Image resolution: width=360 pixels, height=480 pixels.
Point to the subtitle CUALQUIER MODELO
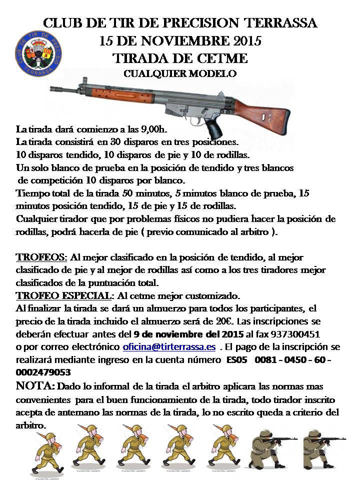tap(180, 74)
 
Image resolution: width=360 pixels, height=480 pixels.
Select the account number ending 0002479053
tap(43, 372)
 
